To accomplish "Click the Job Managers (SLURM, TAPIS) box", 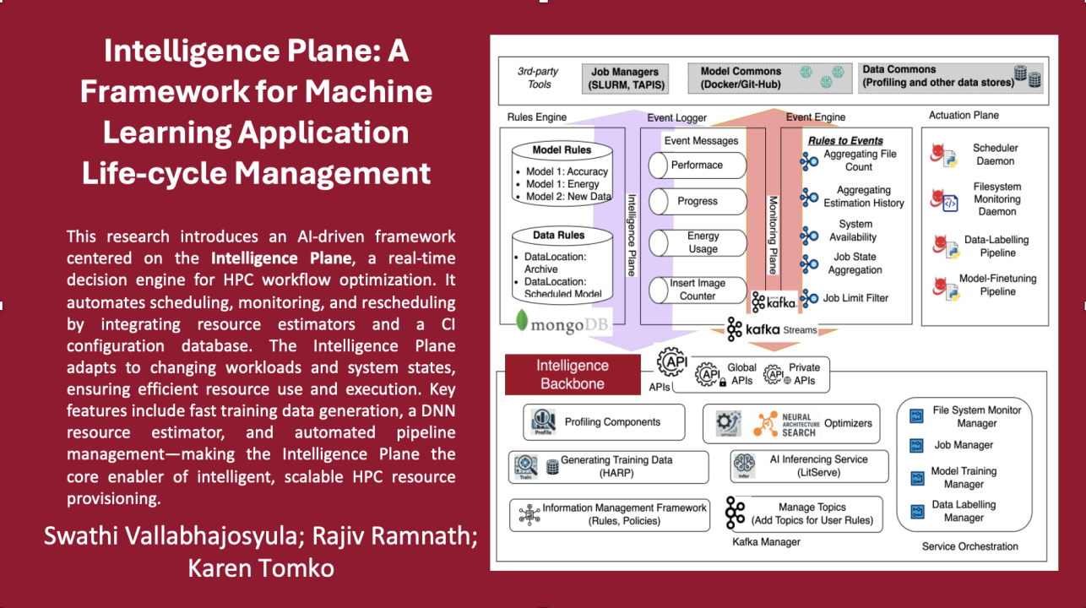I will coord(626,78).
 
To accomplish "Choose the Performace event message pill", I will coord(697,166).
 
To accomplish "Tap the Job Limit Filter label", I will coord(855,298).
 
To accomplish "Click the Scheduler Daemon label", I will coord(995,155).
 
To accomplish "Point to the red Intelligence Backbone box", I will coord(572,374).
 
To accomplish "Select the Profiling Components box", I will coord(604,422).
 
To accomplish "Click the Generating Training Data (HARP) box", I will coord(608,466).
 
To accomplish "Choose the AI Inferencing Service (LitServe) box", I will coord(809,466).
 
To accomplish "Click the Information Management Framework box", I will coord(610,514).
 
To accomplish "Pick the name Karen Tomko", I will coord(262,568).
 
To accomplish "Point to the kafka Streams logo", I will coord(771,330).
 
